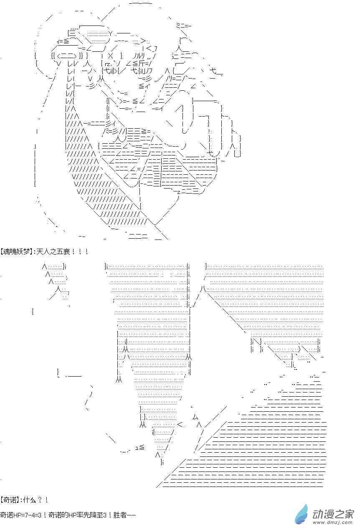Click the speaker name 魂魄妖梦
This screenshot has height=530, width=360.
click(x=16, y=251)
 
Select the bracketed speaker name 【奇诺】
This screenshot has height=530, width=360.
click(x=9, y=499)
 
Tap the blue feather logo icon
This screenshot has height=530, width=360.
click(x=302, y=515)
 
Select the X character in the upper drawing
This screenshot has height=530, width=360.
click(x=110, y=56)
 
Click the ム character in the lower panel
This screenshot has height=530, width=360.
click(x=195, y=417)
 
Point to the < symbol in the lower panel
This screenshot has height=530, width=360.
click(x=180, y=424)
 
